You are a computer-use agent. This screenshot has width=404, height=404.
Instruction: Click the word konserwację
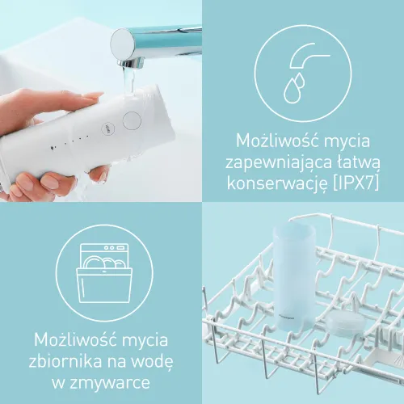(277, 183)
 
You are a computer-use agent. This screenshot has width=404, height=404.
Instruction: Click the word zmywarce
(109, 381)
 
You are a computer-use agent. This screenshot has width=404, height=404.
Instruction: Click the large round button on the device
(132, 120)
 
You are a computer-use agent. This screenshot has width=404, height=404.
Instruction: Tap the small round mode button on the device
(107, 128)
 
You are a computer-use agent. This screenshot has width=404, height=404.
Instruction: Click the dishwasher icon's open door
(104, 284)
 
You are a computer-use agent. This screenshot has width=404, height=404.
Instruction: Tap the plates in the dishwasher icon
(104, 262)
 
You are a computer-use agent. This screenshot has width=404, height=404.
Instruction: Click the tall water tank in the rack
(293, 276)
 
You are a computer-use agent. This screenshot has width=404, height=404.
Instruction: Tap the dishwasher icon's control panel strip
(104, 247)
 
